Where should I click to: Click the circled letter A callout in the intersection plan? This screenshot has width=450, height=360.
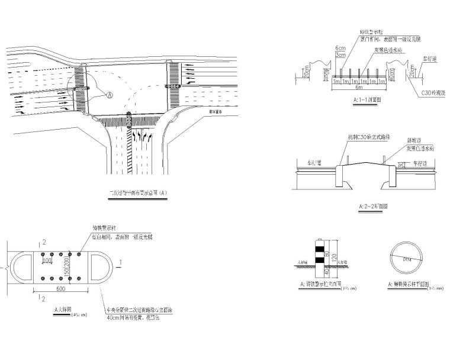pos(109,94)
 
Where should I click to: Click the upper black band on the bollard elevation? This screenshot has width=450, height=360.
pos(320,249)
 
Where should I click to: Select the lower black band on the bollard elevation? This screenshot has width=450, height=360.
pos(320,259)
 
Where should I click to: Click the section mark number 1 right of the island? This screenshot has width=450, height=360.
pos(121,261)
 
